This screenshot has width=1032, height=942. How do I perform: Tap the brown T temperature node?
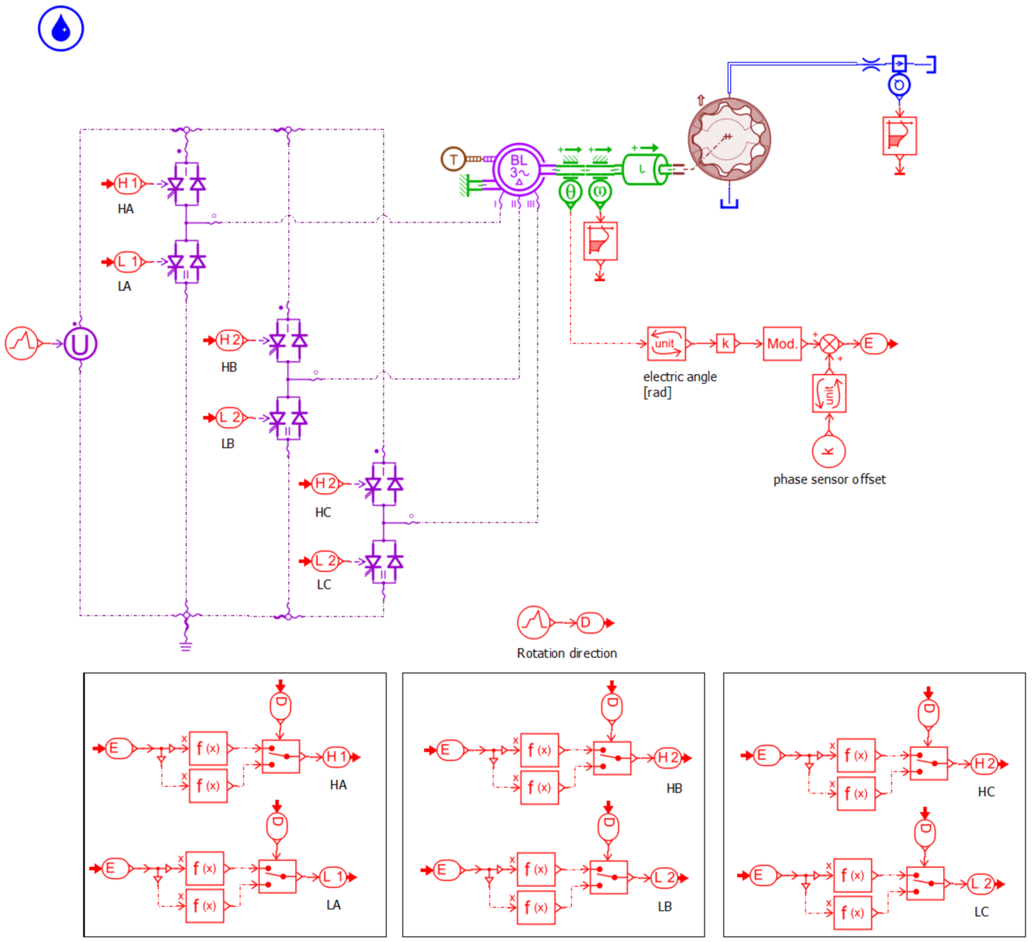(x=453, y=159)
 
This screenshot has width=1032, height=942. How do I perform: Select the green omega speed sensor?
(x=600, y=192)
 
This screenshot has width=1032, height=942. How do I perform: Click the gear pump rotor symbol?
(x=729, y=139)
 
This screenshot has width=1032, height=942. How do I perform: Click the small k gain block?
(x=725, y=344)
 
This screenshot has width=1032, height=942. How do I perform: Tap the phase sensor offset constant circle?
(x=829, y=451)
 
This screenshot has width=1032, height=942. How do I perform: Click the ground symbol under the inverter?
(x=186, y=646)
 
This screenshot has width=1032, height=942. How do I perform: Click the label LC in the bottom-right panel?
(x=981, y=912)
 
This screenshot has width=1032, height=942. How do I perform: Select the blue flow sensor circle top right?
(x=899, y=84)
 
